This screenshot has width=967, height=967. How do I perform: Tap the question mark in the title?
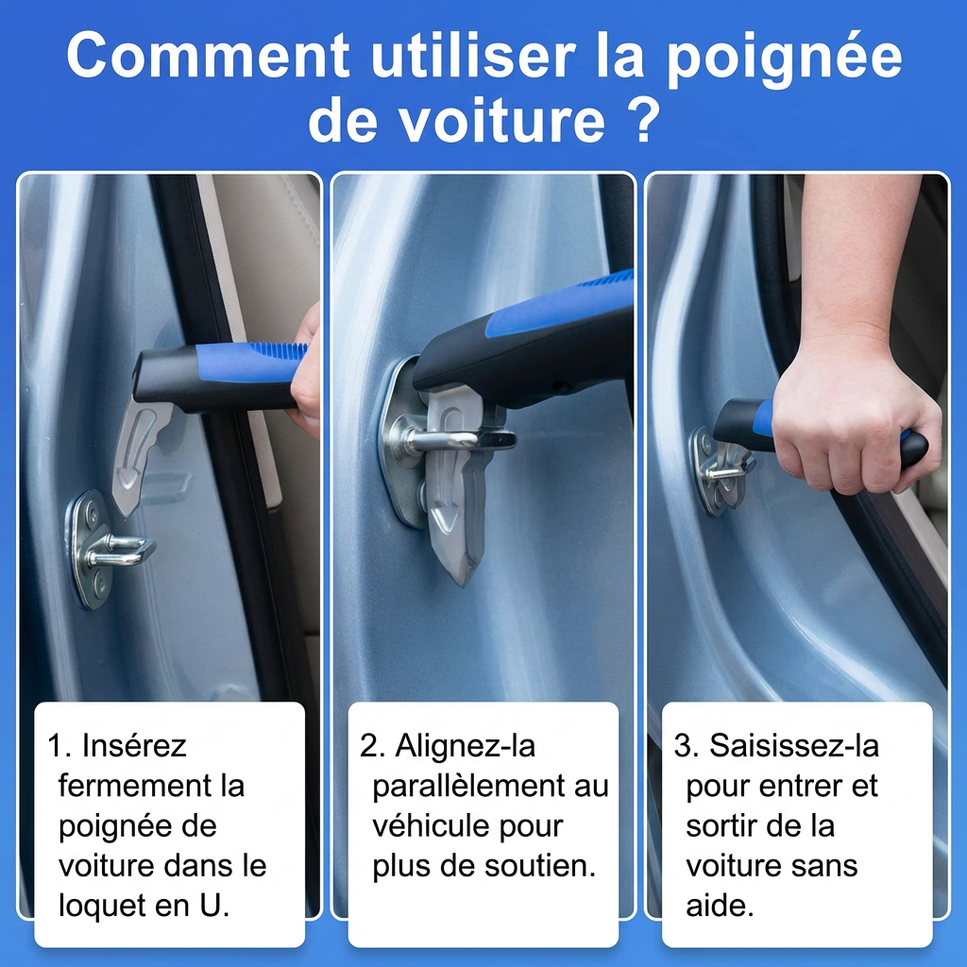(642, 121)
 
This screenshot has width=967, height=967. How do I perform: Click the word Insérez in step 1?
(134, 746)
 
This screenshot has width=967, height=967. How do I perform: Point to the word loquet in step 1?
(98, 905)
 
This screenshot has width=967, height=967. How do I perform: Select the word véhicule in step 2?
(427, 825)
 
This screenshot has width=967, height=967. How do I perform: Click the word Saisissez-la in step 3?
(794, 746)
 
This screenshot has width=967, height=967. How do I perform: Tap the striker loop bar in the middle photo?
(444, 440)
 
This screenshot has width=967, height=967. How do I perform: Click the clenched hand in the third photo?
(850, 416)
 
